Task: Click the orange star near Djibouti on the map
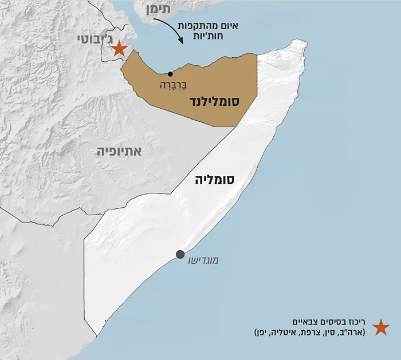(118, 48)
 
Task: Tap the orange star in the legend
(381, 327)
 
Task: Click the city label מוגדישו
(203, 260)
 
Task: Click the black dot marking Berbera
(170, 74)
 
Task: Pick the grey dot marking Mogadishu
(180, 254)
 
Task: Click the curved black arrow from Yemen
(174, 31)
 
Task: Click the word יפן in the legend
(268, 332)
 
